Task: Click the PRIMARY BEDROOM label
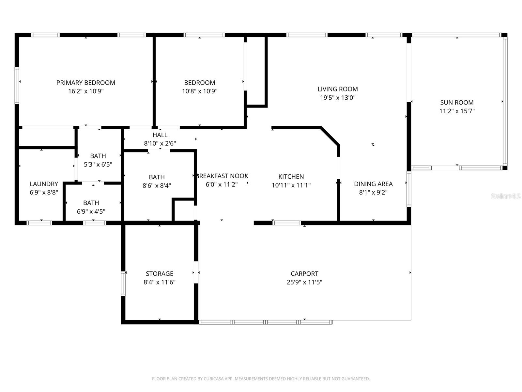tap(86, 83)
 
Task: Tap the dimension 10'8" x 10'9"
tap(200, 91)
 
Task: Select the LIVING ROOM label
tap(338, 89)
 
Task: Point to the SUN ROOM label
tap(457, 102)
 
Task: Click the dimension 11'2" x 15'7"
tap(457, 111)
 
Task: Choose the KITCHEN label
tap(291, 176)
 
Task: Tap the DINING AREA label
tap(373, 184)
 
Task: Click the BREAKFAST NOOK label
tap(222, 176)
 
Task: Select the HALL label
tap(160, 135)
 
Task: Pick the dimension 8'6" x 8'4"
tap(157, 186)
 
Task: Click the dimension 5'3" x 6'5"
tap(98, 164)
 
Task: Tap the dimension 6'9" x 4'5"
tap(91, 211)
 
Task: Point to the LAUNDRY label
tap(44, 184)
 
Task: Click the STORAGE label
tap(160, 273)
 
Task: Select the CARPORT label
tap(304, 273)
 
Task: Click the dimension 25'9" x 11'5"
tap(304, 282)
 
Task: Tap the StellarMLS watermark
tap(506, 196)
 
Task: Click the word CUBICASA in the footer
tap(214, 379)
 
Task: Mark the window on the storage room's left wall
tap(123, 284)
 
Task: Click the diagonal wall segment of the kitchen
tap(330, 136)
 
